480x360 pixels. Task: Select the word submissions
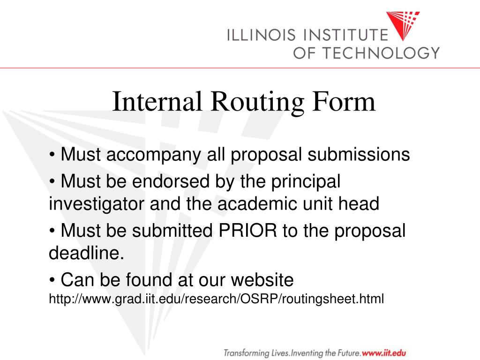[359, 154]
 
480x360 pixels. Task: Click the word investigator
[97, 204]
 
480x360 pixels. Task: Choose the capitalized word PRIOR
[245, 231]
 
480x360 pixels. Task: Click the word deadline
[87, 254]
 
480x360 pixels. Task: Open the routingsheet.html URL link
[216, 298]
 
